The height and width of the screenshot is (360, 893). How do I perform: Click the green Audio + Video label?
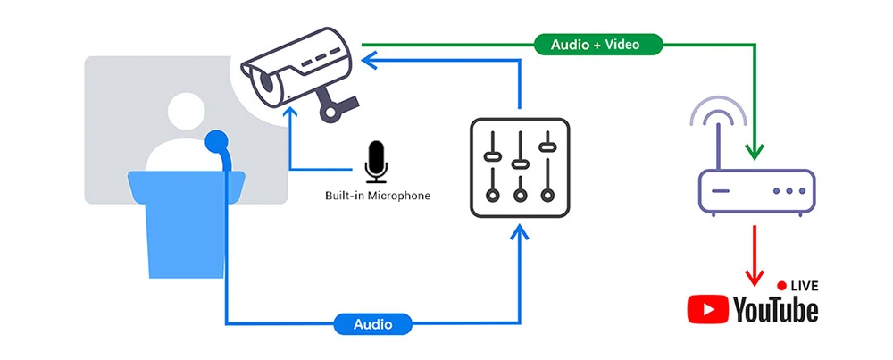[x=598, y=43]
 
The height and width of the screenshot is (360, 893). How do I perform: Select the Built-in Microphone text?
[x=377, y=195]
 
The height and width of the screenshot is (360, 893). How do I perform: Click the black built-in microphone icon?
[x=377, y=160]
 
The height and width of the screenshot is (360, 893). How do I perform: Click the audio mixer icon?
[x=519, y=168]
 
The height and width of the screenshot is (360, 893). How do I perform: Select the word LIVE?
[x=804, y=286]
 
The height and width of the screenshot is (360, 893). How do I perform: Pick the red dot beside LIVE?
[x=781, y=286]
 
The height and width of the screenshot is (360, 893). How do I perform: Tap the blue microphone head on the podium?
[x=215, y=140]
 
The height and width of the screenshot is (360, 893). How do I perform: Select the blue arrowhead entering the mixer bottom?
[x=519, y=234]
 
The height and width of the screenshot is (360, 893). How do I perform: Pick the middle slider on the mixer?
[x=519, y=163]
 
